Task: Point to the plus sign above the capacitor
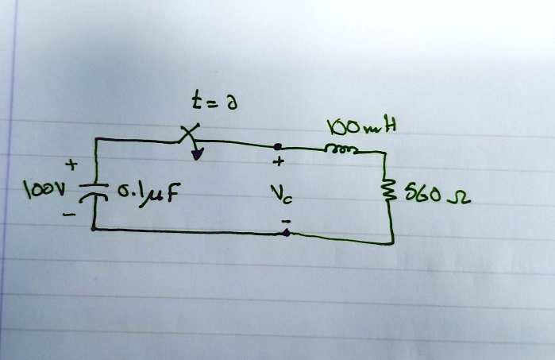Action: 73,165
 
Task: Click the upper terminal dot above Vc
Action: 277,147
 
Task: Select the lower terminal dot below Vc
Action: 286,234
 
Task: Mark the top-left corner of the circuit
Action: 96,140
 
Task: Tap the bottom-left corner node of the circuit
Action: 94,228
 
